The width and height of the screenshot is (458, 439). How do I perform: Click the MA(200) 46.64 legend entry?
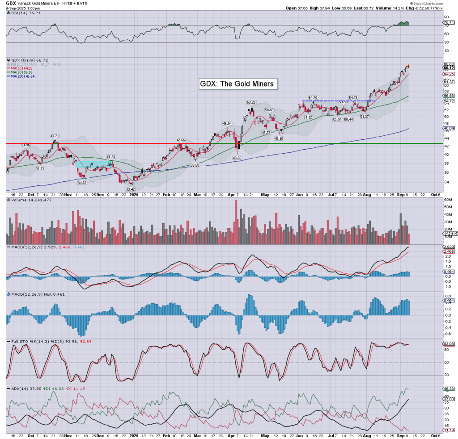(x=22, y=76)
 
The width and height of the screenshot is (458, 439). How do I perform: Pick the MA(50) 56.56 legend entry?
(x=21, y=72)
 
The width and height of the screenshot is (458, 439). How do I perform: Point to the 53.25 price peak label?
(x=250, y=102)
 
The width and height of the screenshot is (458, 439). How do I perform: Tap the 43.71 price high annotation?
(x=55, y=136)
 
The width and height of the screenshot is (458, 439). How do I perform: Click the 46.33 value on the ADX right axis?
(x=449, y=389)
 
